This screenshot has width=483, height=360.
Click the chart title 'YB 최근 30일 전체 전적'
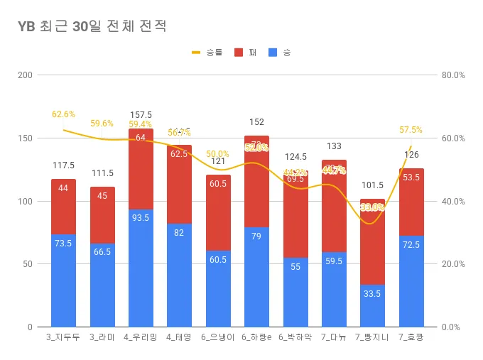tap(92, 27)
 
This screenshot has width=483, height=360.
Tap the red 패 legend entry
tap(245, 53)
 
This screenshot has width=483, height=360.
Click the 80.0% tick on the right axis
tap(452, 75)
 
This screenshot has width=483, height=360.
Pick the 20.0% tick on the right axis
tap(452, 264)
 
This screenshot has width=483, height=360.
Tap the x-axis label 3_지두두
tap(63, 337)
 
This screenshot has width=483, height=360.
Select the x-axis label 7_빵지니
tap(372, 337)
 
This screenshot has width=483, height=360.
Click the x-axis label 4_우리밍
tap(141, 337)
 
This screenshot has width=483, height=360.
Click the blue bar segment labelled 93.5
tap(141, 268)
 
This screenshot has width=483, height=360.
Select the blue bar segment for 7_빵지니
tap(372, 305)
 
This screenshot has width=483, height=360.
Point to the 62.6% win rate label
tap(63, 114)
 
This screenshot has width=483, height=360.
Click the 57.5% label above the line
tap(411, 130)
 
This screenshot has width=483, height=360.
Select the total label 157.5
tap(141, 115)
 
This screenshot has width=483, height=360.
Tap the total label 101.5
tap(372, 185)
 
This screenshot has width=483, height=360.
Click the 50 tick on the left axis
tap(27, 264)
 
